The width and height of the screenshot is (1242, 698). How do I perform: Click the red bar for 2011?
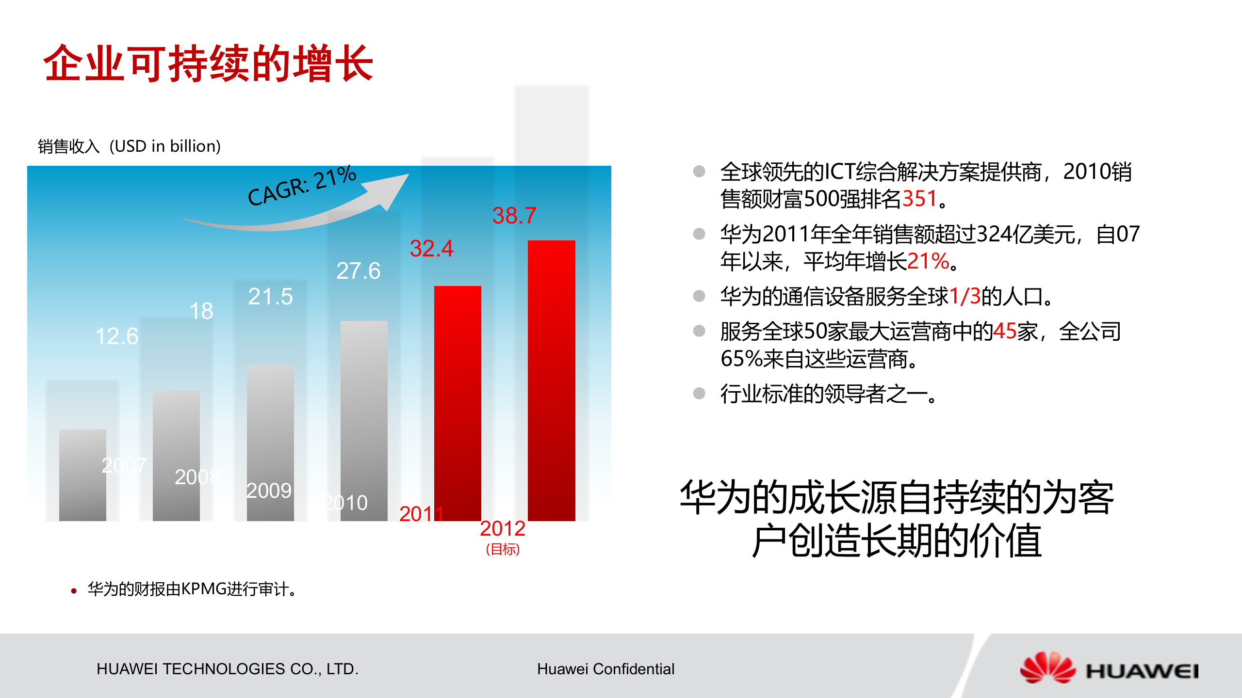coord(458,402)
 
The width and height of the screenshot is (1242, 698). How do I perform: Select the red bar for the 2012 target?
coord(551,381)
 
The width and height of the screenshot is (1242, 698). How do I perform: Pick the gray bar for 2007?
coord(82,475)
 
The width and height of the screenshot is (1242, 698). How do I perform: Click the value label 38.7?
coord(514,216)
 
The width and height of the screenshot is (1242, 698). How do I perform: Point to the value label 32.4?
coord(431,249)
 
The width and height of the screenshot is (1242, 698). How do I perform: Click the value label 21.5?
coord(270,297)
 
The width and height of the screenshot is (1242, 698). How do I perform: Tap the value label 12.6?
coord(117,336)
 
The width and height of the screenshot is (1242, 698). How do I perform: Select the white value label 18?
coord(201,311)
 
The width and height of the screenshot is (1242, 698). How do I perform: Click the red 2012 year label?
coord(503,528)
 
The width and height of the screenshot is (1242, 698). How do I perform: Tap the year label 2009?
coord(269,491)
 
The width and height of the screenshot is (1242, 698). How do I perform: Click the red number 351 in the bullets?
coord(919,199)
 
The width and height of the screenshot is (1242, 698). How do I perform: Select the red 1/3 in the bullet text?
coord(964,296)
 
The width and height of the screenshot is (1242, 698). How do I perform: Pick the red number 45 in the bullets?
coord(1005,332)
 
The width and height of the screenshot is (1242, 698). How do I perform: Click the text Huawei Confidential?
coord(605,669)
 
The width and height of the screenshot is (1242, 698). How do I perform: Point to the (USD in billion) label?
coord(165,146)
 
